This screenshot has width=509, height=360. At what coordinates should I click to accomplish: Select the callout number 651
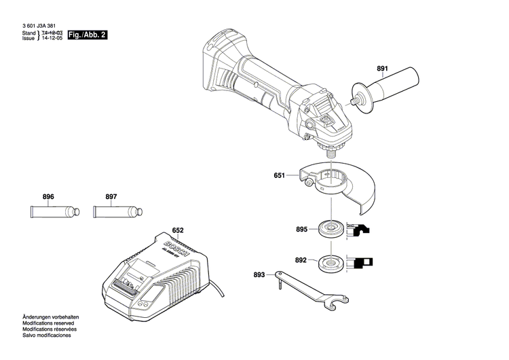(279, 176)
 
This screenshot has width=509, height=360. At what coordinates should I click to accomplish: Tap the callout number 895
(301, 229)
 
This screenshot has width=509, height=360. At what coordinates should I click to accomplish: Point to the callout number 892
(301, 259)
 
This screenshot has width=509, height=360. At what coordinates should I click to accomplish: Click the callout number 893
(259, 275)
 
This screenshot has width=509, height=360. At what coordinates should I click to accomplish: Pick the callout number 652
(178, 231)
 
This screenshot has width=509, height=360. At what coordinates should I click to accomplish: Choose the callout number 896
(48, 197)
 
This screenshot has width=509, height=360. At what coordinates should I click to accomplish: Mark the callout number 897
(111, 197)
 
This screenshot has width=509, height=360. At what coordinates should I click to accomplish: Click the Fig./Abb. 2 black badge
(88, 34)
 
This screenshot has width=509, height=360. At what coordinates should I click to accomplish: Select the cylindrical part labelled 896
(49, 211)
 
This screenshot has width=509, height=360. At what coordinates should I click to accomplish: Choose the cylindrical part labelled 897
(111, 211)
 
